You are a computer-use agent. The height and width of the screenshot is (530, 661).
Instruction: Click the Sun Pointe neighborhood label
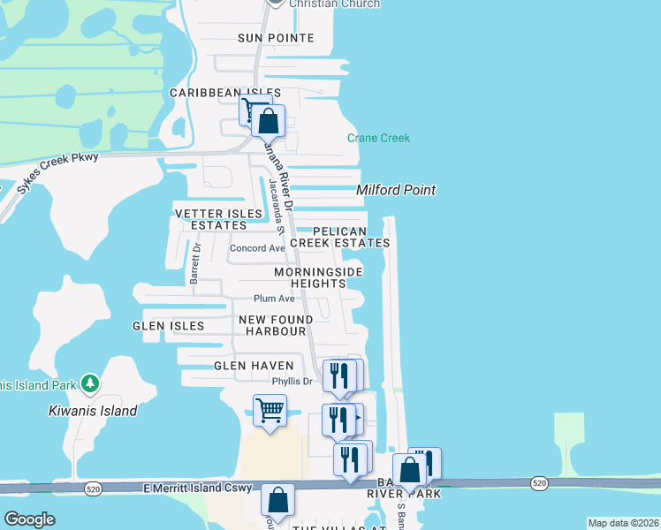[x=276, y=38]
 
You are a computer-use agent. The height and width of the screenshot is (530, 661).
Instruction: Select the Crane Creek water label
[x=378, y=138]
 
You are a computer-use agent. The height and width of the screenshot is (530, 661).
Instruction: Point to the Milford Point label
[x=396, y=190]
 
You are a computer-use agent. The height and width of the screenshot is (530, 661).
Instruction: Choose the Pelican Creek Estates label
[x=339, y=237]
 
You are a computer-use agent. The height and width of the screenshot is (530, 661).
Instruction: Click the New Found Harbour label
[x=275, y=325]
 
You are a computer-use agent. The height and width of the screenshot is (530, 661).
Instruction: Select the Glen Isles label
[x=168, y=326]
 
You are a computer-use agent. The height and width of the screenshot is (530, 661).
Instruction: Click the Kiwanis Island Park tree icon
[x=89, y=383]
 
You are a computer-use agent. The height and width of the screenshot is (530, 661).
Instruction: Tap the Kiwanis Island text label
[x=93, y=411]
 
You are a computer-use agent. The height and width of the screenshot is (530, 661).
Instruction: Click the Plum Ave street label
[x=274, y=299]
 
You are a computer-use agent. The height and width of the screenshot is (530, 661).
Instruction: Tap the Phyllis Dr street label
[x=292, y=382]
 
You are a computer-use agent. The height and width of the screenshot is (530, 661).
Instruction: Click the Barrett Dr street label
[x=195, y=263]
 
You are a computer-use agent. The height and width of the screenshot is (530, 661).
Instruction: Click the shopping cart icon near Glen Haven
[x=269, y=411]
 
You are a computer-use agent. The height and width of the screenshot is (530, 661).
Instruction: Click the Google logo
[x=29, y=519]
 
